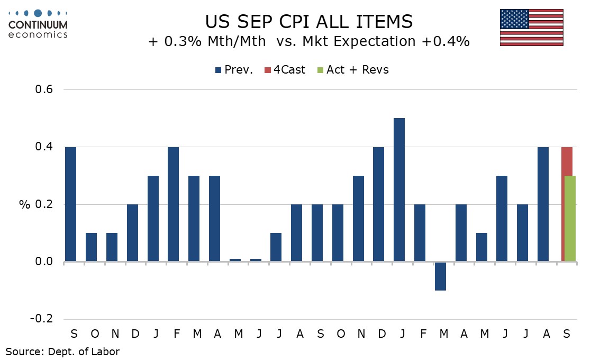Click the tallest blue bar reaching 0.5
[399, 190]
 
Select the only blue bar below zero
[440, 276]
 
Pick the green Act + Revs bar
[571, 218]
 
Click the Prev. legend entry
[234, 70]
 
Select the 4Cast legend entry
[285, 70]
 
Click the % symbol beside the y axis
[24, 204]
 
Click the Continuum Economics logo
[39, 24]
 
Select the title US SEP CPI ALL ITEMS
[309, 22]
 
